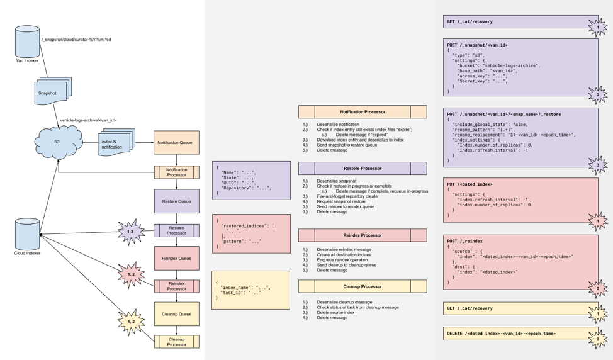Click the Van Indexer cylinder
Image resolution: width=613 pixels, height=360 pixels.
pyautogui.click(x=27, y=40)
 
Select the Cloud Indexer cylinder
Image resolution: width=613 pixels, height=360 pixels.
pyautogui.click(x=27, y=234)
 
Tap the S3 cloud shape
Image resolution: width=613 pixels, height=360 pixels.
pyautogui.click(x=57, y=142)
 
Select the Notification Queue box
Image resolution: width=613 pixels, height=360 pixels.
pyautogui.click(x=176, y=143)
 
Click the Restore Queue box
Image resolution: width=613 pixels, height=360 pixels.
pyautogui.click(x=176, y=201)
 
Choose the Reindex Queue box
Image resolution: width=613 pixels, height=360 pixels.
pyautogui.click(x=176, y=258)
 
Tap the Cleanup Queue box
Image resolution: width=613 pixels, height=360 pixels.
pyautogui.click(x=176, y=314)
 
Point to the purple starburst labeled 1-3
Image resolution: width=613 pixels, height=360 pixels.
pyautogui.click(x=130, y=232)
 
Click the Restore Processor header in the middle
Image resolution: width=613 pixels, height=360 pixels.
pyautogui.click(x=362, y=169)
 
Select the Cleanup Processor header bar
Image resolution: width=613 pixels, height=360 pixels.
pyautogui.click(x=362, y=286)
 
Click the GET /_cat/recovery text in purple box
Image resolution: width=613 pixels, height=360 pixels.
pyautogui.click(x=470, y=22)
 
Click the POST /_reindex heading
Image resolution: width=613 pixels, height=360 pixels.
pyautogui.click(x=465, y=241)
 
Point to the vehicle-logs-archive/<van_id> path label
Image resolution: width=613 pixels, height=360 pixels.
pyautogui.click(x=88, y=120)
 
